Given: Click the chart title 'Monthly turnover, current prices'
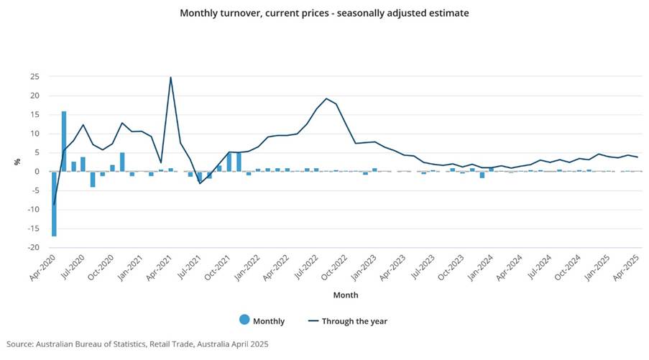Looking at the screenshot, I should (x=324, y=13).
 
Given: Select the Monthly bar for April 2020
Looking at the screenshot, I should (x=54, y=203).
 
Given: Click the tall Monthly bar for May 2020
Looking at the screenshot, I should (x=64, y=141).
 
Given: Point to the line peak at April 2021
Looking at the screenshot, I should (x=170, y=78).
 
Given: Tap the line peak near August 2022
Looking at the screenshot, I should (x=326, y=98).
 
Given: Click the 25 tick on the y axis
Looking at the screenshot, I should (x=35, y=77).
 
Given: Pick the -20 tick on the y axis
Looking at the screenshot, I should (x=34, y=247).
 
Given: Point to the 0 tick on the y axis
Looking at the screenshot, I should (x=37, y=172).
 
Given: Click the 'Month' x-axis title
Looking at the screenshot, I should (x=346, y=295).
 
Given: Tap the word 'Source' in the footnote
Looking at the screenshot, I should (x=22, y=344).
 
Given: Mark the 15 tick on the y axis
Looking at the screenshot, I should (x=35, y=115).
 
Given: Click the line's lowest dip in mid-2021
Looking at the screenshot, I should (x=200, y=183).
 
